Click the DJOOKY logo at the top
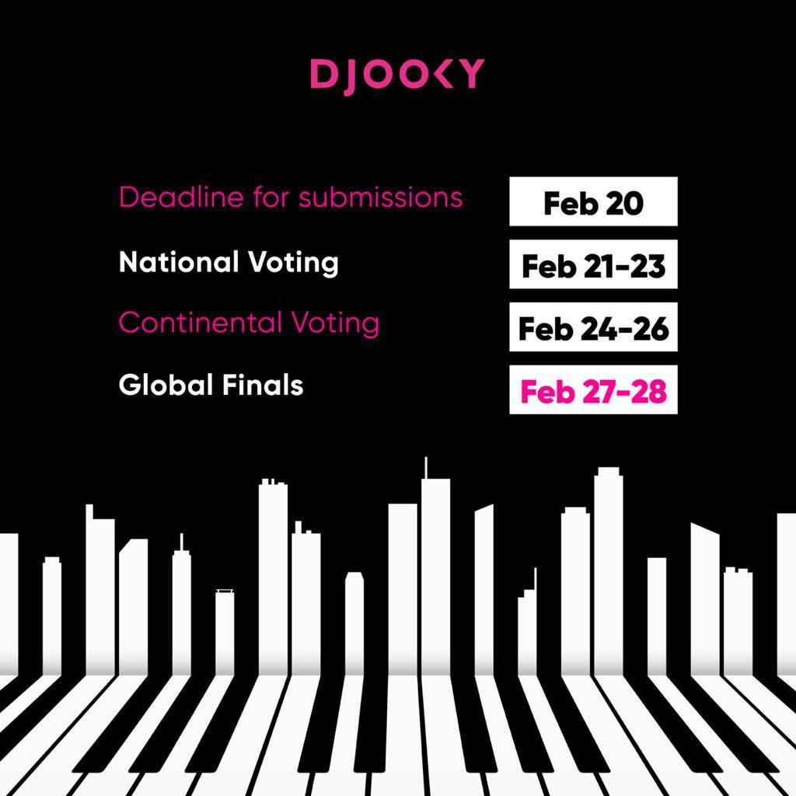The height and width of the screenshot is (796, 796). point(397,75)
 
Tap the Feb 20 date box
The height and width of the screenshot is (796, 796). point(593,202)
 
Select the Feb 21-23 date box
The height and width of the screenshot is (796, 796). point(593,265)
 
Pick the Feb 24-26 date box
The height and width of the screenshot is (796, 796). point(593,328)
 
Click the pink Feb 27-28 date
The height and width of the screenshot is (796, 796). point(593,390)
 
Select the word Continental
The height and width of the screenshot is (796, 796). point(201,323)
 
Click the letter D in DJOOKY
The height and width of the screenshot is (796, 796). point(322,75)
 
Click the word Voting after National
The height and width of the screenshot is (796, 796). point(294,264)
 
